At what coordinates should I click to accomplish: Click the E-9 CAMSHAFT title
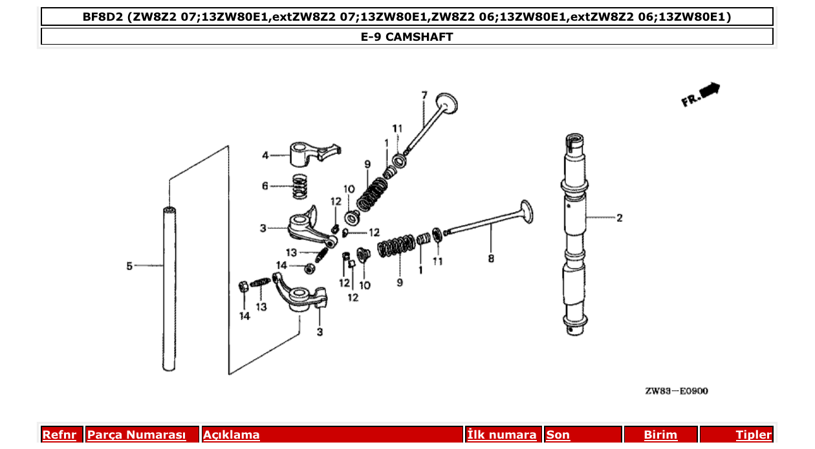[407, 37]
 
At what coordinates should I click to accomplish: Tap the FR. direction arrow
[701, 94]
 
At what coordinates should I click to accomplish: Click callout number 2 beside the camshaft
[619, 218]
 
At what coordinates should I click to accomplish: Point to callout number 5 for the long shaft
[129, 265]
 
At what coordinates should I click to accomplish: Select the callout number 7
[424, 96]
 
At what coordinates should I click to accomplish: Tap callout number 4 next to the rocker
[265, 155]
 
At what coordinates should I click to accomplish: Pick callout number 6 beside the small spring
[265, 186]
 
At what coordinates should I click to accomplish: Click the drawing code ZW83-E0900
[676, 391]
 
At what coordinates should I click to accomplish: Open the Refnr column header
[60, 435]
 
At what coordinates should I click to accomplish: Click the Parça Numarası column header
[136, 435]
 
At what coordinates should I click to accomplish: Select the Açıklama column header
[232, 435]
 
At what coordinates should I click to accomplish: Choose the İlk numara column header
[502, 435]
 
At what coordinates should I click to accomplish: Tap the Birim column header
[660, 435]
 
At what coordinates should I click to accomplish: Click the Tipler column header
[753, 435]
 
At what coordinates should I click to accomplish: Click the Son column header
[558, 435]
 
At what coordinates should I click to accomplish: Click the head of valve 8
[525, 212]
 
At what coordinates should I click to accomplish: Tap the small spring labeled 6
[299, 187]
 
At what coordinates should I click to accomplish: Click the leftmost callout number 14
[244, 316]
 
